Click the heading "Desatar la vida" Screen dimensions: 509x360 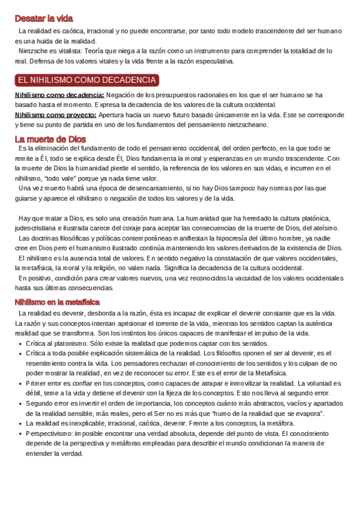[x=44, y=18]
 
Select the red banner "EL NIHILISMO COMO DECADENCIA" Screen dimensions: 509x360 [x=87, y=80]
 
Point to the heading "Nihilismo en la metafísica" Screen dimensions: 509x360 [x=57, y=301]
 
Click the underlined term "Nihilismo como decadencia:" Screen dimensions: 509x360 [x=59, y=95]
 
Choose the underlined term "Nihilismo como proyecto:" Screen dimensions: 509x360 [x=55, y=114]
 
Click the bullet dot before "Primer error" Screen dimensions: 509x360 [x=21, y=383]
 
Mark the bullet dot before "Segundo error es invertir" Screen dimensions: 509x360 [x=21, y=403]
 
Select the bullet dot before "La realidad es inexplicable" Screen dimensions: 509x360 [x=21, y=423]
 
